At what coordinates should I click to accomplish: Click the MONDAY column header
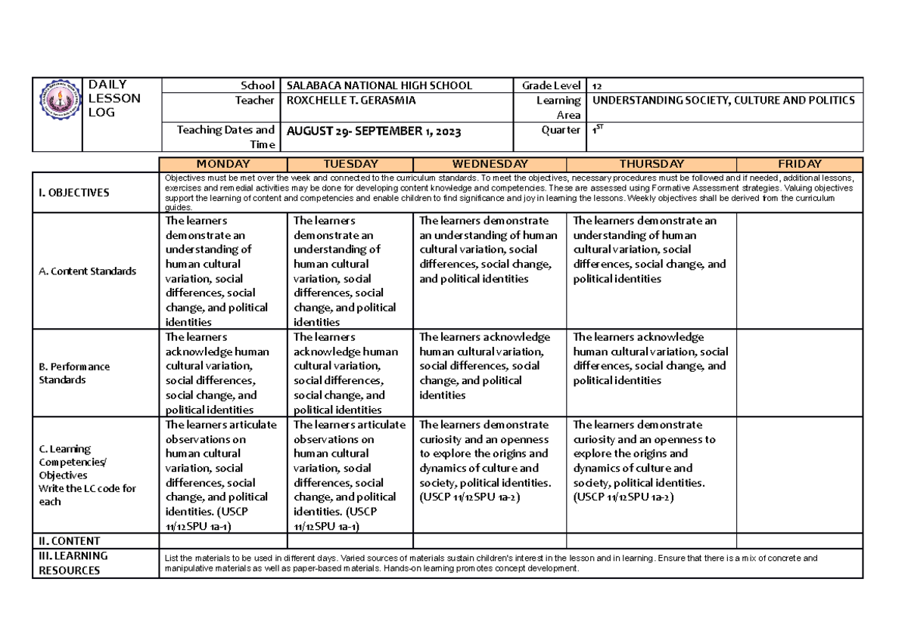pos(223,164)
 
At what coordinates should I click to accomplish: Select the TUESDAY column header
pos(350,164)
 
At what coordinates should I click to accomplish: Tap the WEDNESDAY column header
pos(489,164)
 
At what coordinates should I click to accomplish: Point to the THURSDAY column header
pos(651,164)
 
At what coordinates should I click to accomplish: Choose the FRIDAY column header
pos(799,164)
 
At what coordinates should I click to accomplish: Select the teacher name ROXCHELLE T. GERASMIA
pos(350,101)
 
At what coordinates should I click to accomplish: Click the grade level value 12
pos(599,86)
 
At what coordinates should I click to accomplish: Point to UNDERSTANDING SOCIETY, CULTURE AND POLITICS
pos(724,101)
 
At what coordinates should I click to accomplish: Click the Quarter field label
pos(561,130)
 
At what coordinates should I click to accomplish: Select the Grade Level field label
pos(551,85)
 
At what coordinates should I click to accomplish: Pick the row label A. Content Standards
pos(87,271)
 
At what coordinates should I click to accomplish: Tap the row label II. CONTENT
pos(70,541)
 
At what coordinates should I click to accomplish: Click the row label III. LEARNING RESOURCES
pos(73,563)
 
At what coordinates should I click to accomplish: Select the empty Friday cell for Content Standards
pos(799,271)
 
